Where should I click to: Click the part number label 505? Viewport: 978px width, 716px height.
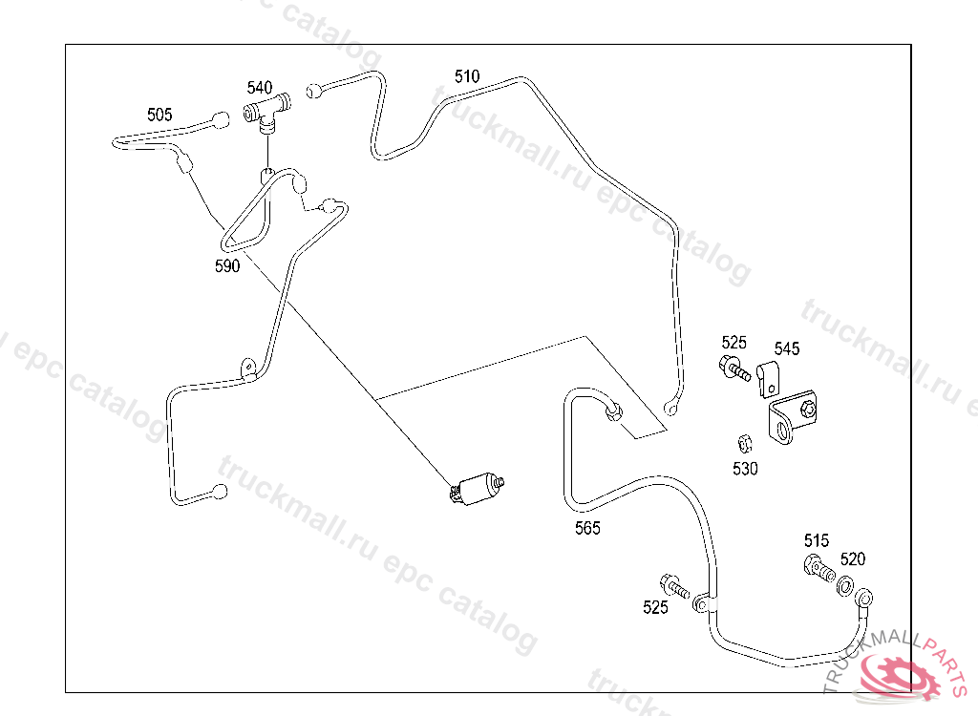click(159, 115)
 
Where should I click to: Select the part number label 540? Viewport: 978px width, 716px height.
click(259, 89)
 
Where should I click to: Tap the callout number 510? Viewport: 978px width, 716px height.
click(467, 76)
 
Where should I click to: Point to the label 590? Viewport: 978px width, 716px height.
click(226, 266)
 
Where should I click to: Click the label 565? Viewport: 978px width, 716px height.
click(587, 528)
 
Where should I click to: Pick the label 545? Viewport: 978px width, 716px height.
click(787, 348)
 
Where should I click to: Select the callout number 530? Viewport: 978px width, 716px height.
click(745, 469)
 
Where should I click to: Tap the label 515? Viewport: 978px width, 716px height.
click(817, 541)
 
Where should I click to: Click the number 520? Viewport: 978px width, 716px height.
click(853, 559)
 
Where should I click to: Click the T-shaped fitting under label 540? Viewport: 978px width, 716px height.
click(266, 114)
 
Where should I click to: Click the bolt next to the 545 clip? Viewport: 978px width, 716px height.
click(733, 369)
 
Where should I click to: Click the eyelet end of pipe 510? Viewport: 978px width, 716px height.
click(671, 411)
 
